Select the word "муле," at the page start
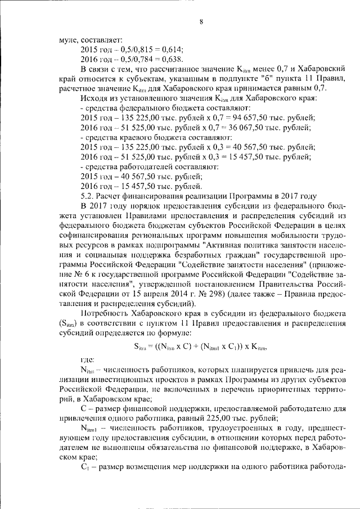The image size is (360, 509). click(70, 40)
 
